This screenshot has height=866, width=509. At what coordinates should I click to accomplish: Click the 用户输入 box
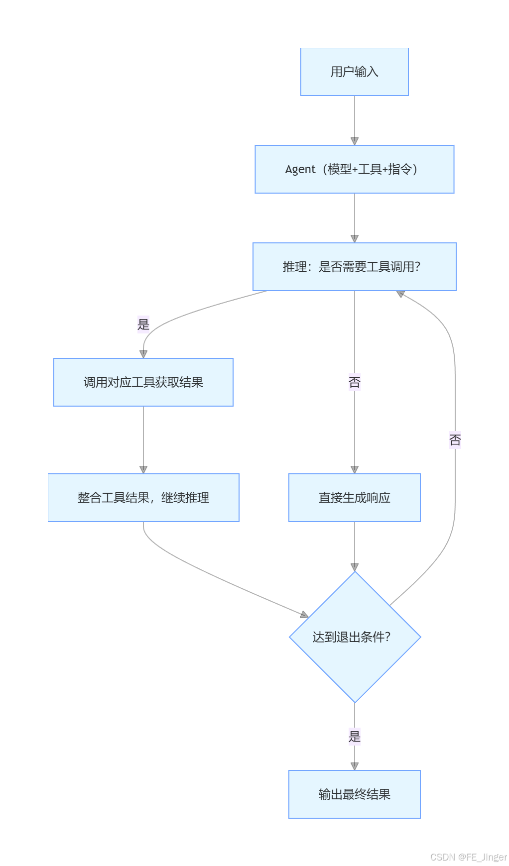[x=354, y=72]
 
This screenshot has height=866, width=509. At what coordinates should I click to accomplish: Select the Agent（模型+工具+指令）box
[x=354, y=169]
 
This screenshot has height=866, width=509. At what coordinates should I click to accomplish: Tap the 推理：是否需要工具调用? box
[x=354, y=267]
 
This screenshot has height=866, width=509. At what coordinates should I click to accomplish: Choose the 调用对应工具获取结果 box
[x=143, y=382]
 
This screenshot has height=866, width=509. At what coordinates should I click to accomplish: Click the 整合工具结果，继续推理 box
[x=143, y=498]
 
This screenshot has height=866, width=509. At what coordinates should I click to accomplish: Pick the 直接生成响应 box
[x=354, y=498]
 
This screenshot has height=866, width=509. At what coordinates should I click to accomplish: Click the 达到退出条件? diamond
[x=354, y=637]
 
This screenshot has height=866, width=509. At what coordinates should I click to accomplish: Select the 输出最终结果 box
[x=354, y=794]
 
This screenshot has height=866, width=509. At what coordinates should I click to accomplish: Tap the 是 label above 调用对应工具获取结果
[x=143, y=325]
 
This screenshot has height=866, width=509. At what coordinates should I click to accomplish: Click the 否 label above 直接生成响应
[x=354, y=382]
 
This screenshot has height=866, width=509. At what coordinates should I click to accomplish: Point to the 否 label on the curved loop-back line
[x=455, y=440]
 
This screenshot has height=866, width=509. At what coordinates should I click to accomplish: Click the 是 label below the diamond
[x=354, y=737]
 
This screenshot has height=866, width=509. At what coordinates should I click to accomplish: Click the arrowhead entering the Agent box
[x=354, y=141]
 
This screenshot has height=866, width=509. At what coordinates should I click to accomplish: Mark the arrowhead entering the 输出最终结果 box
[x=354, y=766]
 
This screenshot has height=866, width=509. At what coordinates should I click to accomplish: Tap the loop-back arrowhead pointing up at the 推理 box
[x=400, y=294]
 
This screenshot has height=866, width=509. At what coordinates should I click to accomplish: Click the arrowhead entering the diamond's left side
[x=304, y=615]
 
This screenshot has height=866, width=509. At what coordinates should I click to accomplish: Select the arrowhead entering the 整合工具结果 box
[x=143, y=469]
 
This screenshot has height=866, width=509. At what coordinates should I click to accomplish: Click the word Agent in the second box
[x=300, y=169]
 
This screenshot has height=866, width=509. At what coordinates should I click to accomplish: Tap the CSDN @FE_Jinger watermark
[x=468, y=857]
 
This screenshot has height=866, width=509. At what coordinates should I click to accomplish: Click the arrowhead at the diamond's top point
[x=354, y=567]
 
